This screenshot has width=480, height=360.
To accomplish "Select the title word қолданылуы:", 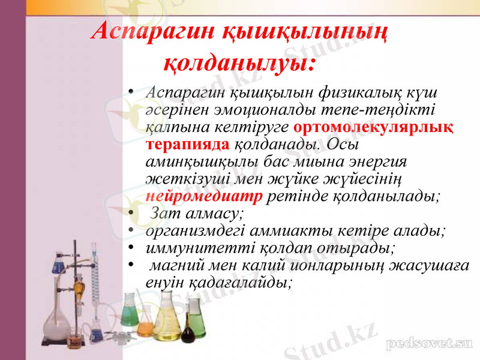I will (239, 61).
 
